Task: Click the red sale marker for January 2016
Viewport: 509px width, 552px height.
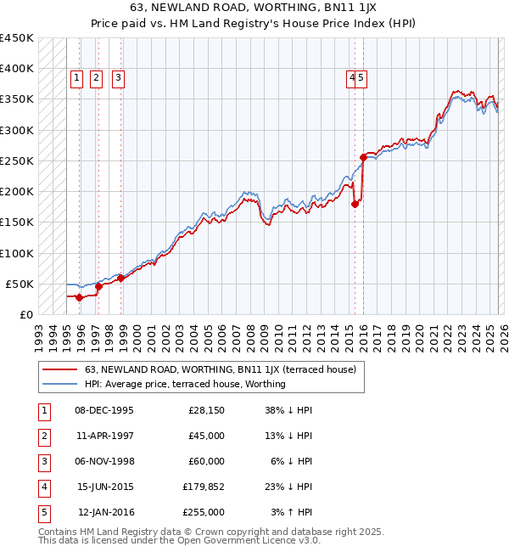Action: (363, 157)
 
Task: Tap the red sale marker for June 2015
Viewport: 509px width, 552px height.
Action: (355, 203)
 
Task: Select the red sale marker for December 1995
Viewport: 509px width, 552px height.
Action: (79, 297)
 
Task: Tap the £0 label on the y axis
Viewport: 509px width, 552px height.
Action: (25, 314)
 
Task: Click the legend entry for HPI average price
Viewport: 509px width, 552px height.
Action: (185, 384)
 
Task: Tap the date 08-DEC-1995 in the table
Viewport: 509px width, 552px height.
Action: (104, 410)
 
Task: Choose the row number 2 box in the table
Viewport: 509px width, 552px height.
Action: (43, 436)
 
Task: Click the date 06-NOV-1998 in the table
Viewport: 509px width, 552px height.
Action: (104, 461)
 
